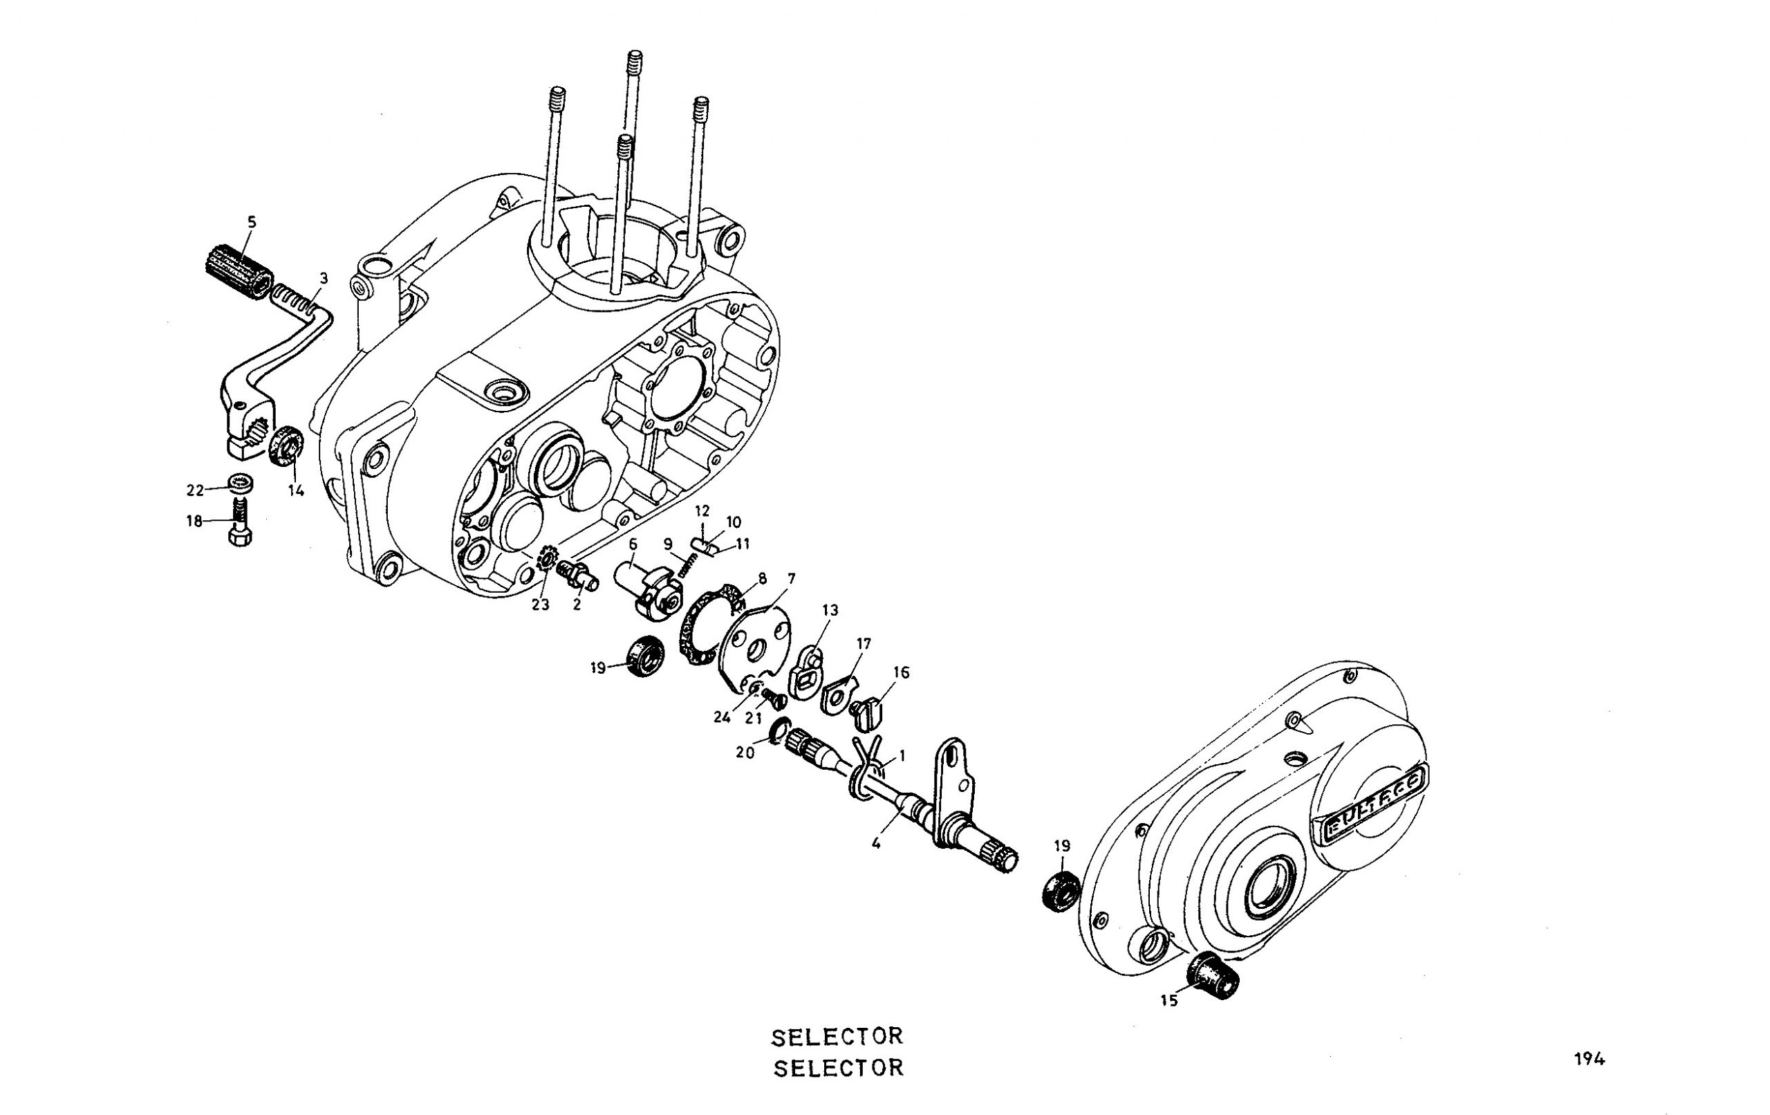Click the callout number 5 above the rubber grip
pos(252,221)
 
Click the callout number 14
pos(295,490)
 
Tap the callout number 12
pos(702,510)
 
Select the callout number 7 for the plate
pos(791,579)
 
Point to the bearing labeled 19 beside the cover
pos(1061,891)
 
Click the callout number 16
pos(901,672)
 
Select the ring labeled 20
pos(779,732)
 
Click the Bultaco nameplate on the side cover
pos(1373,802)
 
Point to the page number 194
pos(1589,1059)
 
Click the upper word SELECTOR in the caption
pos(837,1037)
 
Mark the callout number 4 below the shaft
pos(875,844)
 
